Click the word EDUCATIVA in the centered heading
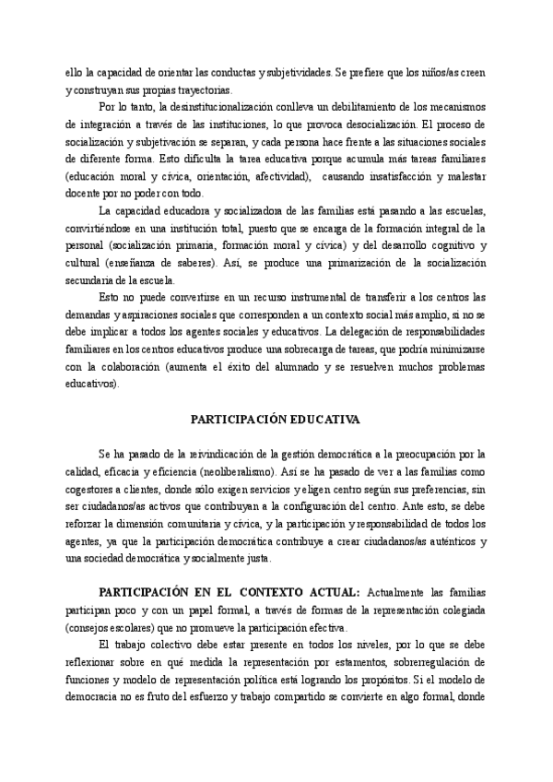coord(317,419)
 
